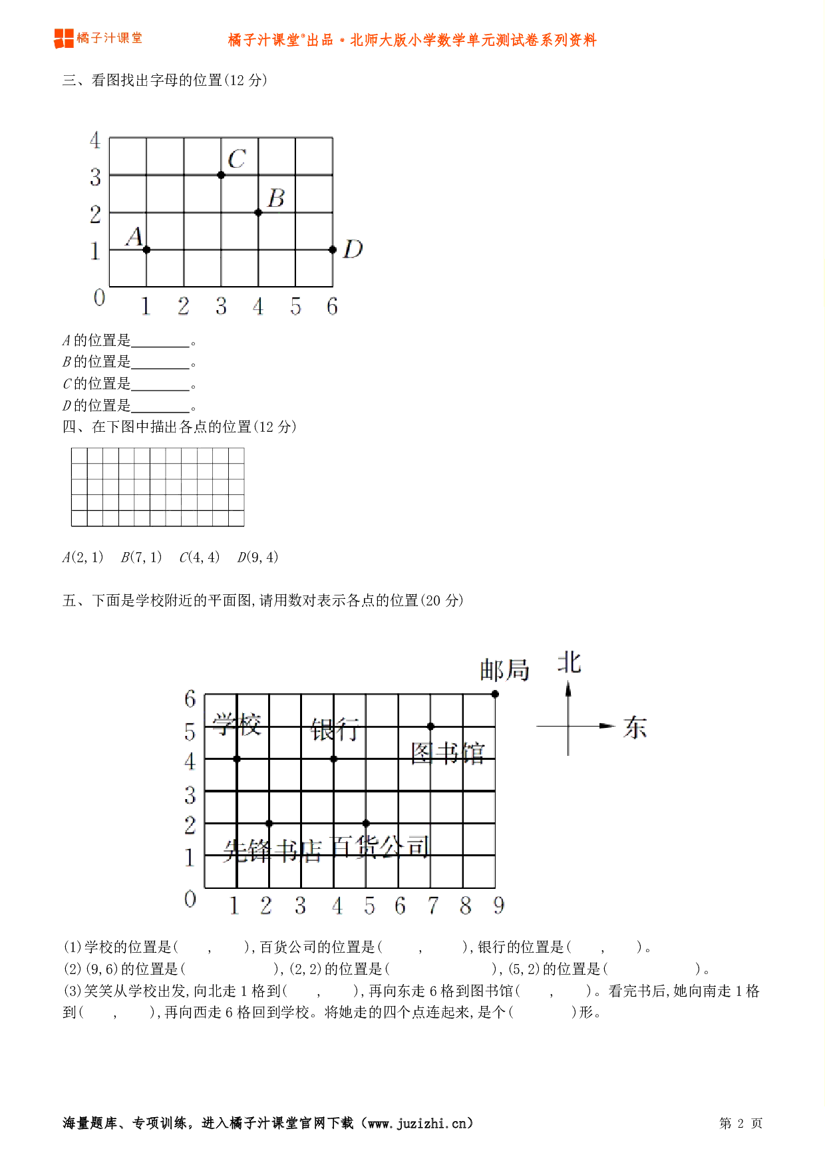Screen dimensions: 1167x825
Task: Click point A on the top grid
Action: (146, 250)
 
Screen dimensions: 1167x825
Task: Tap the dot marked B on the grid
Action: (258, 212)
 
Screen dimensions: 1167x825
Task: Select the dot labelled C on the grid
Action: (221, 175)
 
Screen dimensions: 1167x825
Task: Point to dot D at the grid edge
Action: (333, 250)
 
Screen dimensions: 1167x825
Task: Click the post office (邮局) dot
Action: (495, 694)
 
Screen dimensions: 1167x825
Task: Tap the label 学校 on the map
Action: (237, 725)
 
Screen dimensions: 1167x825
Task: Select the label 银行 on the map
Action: (335, 730)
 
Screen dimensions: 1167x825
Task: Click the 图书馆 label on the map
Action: (448, 753)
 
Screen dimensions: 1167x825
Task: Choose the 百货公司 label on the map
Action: (381, 846)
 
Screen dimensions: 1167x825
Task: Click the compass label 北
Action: (569, 663)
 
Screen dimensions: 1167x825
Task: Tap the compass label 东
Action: (635, 727)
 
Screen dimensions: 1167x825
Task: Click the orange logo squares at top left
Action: (64, 39)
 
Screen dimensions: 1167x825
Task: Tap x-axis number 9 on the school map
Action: (499, 906)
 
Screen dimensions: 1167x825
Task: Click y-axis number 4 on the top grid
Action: (95, 140)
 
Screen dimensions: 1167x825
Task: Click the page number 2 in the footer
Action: (741, 1124)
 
